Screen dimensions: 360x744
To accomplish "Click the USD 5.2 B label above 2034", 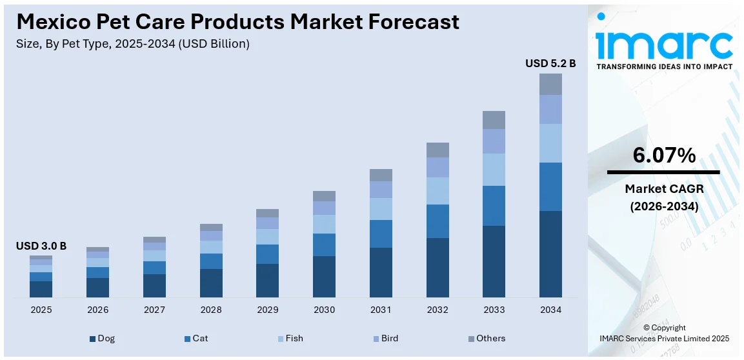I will [550, 63].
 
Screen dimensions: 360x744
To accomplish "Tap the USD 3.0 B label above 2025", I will [41, 246].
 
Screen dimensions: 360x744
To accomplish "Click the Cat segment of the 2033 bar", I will [494, 206].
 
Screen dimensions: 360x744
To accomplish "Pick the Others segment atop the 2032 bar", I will [437, 150].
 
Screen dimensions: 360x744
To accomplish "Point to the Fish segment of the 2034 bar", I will [550, 143].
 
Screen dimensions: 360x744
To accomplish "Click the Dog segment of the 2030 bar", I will [324, 277].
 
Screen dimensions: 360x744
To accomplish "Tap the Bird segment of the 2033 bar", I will [494, 141].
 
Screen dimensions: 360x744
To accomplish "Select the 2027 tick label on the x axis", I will [154, 310].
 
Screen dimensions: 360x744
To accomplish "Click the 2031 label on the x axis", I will [381, 310].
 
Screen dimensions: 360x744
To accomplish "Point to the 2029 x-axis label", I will [268, 310].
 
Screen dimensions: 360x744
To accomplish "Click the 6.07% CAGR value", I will [663, 155].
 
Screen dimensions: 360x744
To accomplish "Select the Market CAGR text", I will [663, 188].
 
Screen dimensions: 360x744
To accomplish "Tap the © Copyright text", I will [664, 328].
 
